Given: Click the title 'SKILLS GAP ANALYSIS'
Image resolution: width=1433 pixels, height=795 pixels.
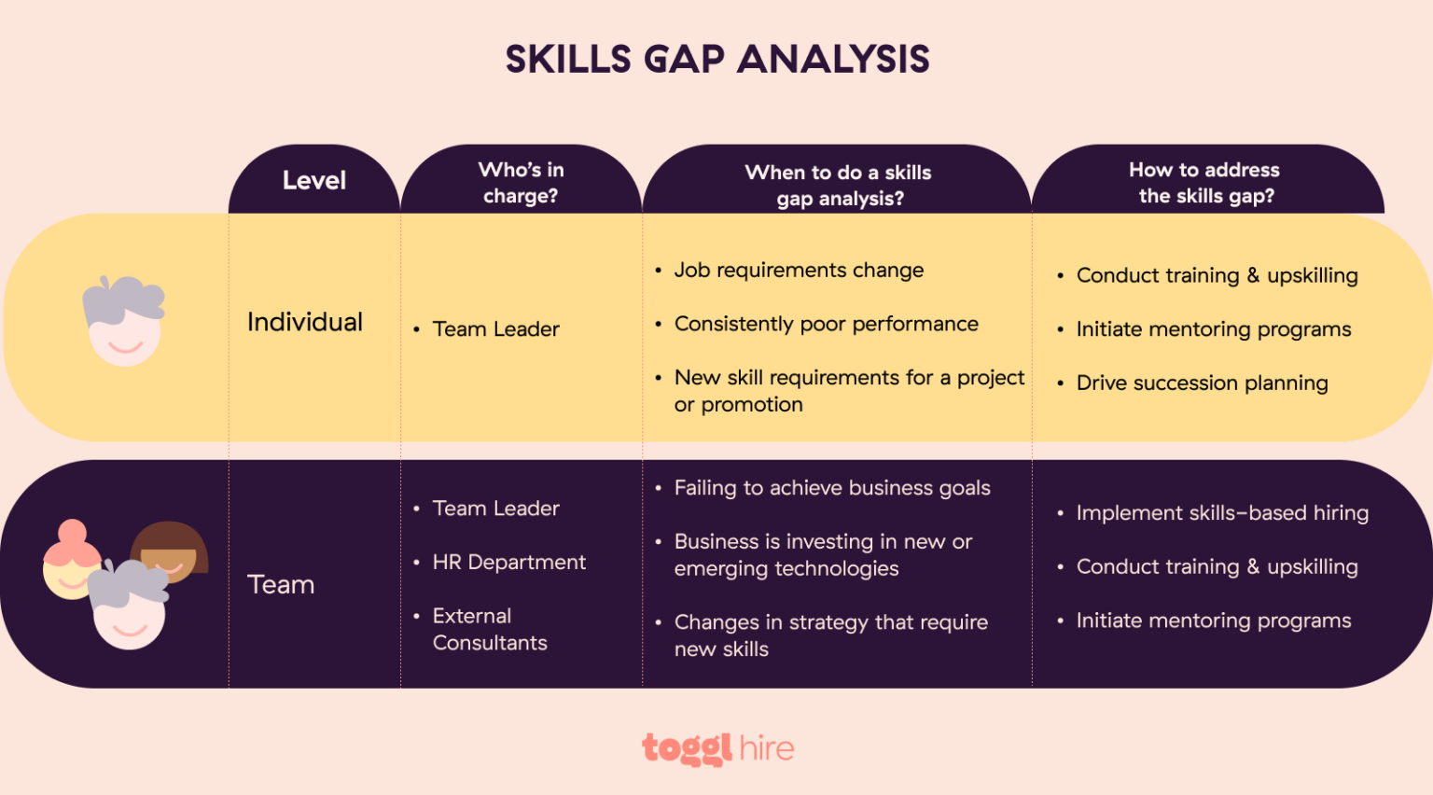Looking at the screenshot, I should tap(716, 59).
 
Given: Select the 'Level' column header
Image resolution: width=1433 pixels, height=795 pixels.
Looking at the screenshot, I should tap(313, 180).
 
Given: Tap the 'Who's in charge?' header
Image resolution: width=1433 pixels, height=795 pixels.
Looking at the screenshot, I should tap(521, 182).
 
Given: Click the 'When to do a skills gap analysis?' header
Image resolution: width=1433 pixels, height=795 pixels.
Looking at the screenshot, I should tap(839, 185).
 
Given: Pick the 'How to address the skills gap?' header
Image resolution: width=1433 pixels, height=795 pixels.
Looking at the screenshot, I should tap(1205, 182).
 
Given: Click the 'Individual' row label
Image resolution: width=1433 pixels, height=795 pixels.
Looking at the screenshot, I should tap(305, 322).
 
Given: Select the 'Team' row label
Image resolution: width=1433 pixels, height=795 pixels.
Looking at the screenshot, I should tap(281, 584).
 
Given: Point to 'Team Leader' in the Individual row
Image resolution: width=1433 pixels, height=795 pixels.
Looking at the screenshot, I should tap(495, 328).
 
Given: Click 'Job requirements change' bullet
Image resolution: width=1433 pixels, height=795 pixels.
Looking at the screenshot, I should tap(799, 270).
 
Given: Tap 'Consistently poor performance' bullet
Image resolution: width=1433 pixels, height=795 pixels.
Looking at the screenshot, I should tap(826, 324).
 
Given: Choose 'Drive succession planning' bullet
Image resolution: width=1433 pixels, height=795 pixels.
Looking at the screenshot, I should tap(1202, 383).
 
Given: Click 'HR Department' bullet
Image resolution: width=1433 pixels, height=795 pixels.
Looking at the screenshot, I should tap(508, 562).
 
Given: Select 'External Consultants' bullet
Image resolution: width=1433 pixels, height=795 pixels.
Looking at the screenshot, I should tap(489, 629).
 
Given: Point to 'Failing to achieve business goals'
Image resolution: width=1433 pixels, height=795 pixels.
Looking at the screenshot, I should tap(832, 487).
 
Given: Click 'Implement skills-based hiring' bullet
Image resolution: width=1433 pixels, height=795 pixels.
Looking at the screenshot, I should tap(1222, 512).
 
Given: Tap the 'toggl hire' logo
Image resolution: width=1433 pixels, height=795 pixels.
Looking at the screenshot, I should tap(717, 748).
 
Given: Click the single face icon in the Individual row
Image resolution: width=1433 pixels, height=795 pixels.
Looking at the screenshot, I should tap(124, 321).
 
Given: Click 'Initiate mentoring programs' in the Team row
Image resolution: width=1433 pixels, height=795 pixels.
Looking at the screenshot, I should tap(1213, 621).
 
